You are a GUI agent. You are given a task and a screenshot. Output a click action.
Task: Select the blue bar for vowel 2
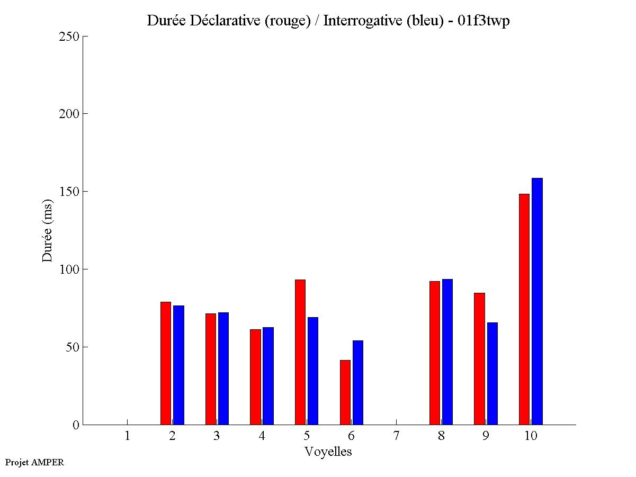coord(178,365)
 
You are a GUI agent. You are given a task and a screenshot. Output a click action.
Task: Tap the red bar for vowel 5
coord(300,352)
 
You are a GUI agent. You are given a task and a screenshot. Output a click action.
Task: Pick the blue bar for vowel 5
coord(313,371)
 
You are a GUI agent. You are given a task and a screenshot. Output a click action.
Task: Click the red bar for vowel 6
coord(345,392)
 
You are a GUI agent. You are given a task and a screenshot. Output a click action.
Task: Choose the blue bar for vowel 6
coord(358,382)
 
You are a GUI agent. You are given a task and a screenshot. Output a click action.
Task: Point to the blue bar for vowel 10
coord(537,301)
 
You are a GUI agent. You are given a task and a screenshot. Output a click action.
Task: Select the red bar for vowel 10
coord(524,309)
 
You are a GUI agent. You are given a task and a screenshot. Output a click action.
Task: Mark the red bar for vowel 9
coord(479,358)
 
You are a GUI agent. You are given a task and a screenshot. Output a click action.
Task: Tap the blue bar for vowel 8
coord(447,352)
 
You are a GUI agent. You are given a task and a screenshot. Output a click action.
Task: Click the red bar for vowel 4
coord(255,377)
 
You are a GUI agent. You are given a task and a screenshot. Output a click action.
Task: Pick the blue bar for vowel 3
coord(223,368)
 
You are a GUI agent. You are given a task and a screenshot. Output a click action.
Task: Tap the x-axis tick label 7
coord(396,436)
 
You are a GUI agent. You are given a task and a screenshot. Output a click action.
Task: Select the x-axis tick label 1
coord(127,436)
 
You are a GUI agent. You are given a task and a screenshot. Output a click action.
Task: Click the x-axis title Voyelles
coord(328,452)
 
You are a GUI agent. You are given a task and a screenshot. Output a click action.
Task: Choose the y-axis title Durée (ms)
coord(48,230)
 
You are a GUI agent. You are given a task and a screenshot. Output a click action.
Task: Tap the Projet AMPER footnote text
coord(34,462)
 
